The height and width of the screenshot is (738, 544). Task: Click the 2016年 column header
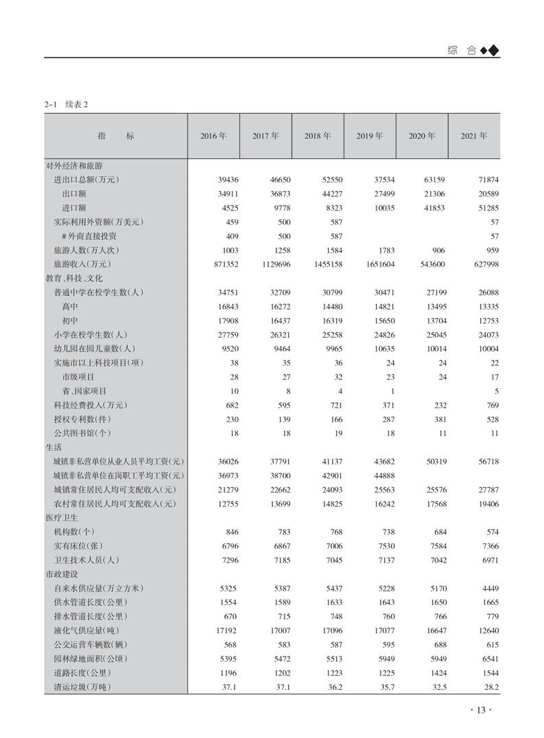pos(213,136)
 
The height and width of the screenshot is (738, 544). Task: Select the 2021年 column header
pos(474,136)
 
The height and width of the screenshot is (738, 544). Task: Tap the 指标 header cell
pos(116,136)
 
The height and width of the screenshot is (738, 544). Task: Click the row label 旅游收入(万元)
pos(82,264)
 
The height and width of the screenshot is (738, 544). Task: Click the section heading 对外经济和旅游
pos(74,165)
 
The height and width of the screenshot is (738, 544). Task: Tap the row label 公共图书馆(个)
pos(82,433)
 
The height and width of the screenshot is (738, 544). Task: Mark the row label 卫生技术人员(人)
pos(86,560)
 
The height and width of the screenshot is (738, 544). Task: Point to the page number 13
pos(480,710)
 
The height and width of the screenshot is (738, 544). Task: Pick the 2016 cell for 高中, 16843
pos(224,306)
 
